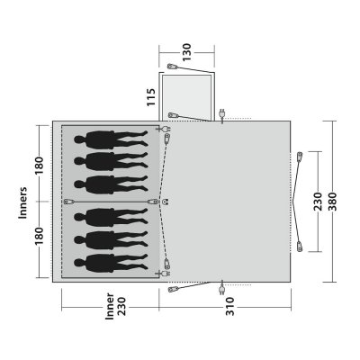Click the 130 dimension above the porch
pyautogui.click(x=186, y=52)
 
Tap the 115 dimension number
pyautogui.click(x=151, y=96)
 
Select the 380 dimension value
pyautogui.click(x=332, y=201)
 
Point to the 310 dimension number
pyautogui.click(x=229, y=306)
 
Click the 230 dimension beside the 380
pyautogui.click(x=317, y=202)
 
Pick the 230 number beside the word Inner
pyautogui.click(x=121, y=306)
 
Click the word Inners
pyautogui.click(x=22, y=202)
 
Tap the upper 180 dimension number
pyautogui.click(x=39, y=166)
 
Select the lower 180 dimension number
pyautogui.click(x=39, y=236)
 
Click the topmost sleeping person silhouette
pyautogui.click(x=111, y=139)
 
